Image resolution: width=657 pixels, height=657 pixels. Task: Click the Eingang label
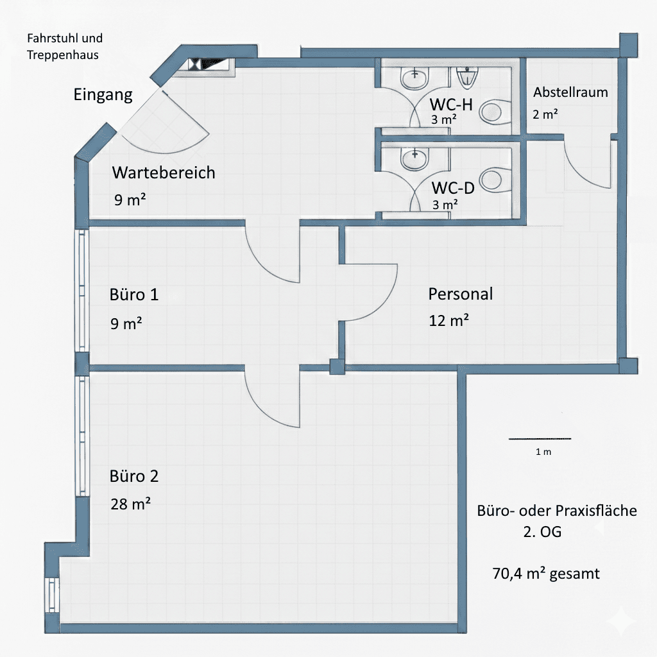103,95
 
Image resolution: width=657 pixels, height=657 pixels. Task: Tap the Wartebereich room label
164,173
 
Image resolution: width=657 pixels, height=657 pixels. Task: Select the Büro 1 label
134,295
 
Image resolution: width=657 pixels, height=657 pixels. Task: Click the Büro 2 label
134,476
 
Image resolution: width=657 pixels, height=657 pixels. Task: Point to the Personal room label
461,294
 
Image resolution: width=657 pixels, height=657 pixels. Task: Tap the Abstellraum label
570,92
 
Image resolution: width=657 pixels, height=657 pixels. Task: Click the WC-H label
452,104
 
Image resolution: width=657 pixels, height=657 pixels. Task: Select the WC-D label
453,188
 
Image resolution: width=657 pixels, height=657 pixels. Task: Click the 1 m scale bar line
540,439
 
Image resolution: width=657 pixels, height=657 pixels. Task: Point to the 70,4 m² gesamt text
546,573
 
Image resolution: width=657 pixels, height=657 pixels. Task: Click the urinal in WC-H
468,77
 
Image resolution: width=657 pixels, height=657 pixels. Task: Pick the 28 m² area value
130,504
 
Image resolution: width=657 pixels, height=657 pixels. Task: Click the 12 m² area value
448,320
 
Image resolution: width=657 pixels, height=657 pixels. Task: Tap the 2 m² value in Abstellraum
545,115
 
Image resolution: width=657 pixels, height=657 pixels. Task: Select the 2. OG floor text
542,533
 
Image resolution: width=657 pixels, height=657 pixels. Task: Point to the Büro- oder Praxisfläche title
557,511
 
